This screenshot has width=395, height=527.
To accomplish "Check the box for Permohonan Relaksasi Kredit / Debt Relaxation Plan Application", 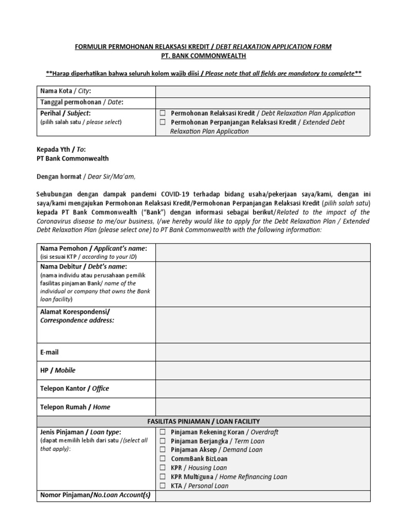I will (163, 113).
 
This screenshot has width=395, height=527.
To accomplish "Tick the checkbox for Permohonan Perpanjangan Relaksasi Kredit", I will (163, 122).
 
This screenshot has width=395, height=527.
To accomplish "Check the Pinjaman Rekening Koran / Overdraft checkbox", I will (163, 432).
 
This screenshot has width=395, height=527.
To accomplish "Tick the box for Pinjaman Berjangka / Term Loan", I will (163, 441).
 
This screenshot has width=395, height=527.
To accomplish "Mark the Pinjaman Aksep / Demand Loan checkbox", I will (163, 450).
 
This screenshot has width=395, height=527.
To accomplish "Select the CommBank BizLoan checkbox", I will (163, 459).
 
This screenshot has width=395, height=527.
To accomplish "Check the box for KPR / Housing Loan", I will (163, 468).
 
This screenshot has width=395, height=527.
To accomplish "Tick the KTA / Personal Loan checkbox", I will (163, 485).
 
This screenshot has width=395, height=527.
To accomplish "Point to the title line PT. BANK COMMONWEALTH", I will (203, 56).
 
